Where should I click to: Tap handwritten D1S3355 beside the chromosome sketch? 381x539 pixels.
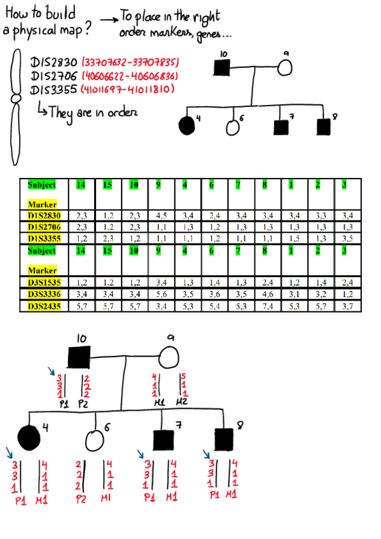[54, 89]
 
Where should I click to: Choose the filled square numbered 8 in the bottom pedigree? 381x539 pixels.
[223, 438]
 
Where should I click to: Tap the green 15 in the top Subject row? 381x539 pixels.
[107, 185]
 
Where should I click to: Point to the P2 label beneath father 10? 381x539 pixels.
[83, 404]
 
